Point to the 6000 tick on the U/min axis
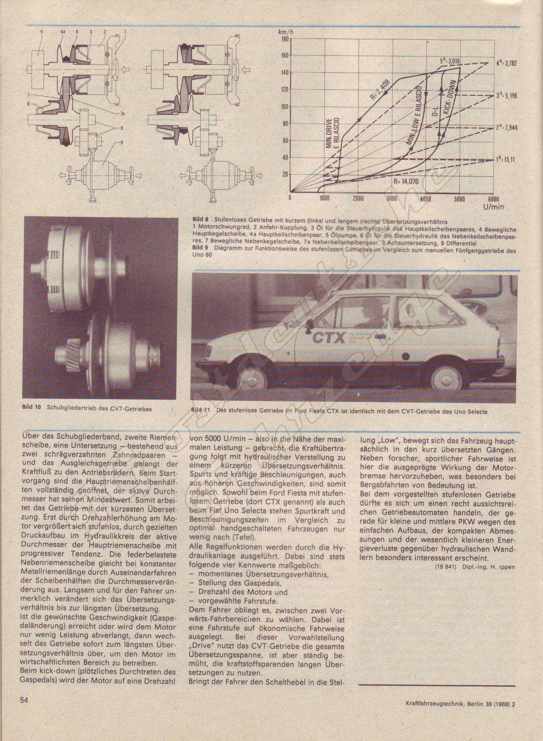[492, 198]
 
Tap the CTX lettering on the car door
[329, 337]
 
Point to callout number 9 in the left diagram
[122, 142]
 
